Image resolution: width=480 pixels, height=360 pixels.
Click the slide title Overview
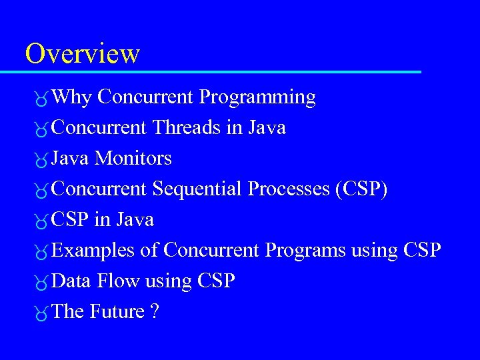82,53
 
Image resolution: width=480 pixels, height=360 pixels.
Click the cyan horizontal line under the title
220,71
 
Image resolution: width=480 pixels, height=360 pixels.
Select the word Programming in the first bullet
257,97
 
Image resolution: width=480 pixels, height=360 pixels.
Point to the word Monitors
133,158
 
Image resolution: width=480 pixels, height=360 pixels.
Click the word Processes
289,189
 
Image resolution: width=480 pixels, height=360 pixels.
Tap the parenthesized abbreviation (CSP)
361,189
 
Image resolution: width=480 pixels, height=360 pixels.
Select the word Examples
93,251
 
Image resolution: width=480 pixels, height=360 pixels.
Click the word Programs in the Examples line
305,251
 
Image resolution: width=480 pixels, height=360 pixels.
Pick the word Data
71,281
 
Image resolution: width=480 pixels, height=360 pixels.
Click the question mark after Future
155,311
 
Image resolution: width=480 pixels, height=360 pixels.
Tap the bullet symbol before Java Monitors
41,160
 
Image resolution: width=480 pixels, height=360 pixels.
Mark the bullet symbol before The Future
41,313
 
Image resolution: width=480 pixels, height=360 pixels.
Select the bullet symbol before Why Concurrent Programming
41,99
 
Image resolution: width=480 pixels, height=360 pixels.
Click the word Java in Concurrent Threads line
267,127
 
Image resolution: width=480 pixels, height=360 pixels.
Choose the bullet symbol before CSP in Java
41,221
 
